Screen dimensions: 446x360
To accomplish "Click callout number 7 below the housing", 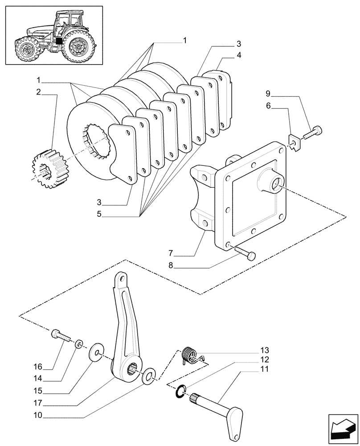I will click(170, 253).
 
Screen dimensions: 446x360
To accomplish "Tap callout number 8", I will click(170, 267).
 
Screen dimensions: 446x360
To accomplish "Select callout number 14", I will click(39, 379).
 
